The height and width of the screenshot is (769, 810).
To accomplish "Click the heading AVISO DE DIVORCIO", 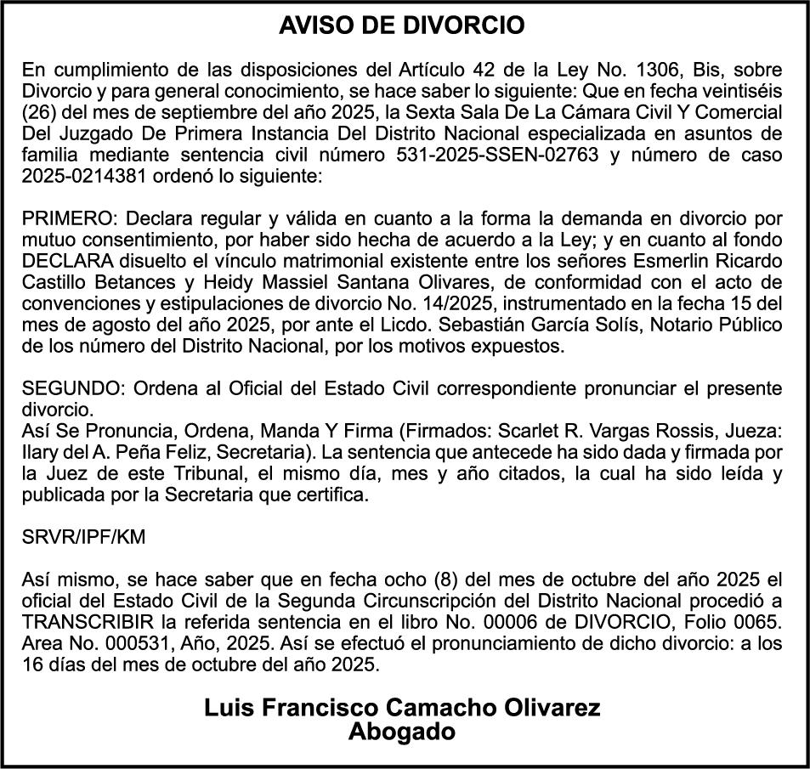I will pos(402,26).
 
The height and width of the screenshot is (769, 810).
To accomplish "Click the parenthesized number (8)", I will pos(445,580).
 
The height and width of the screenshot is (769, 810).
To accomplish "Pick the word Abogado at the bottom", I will pos(402,731).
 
